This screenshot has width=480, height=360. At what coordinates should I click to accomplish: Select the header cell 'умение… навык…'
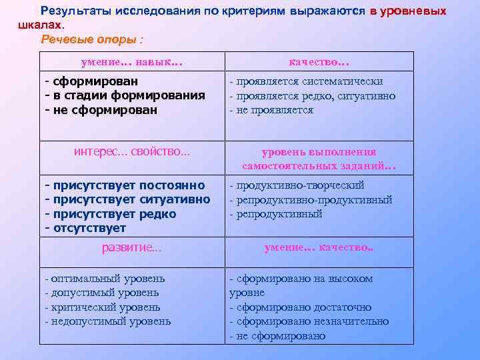pyautogui.click(x=131, y=62)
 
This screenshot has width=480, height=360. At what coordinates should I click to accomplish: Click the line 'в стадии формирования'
pyautogui.click(x=127, y=95)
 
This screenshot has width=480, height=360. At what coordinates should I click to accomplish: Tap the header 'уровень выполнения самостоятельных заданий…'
pyautogui.click(x=319, y=159)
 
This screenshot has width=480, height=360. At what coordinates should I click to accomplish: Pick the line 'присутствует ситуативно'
pyautogui.click(x=130, y=199)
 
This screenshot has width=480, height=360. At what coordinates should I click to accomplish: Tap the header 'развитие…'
pyautogui.click(x=131, y=247)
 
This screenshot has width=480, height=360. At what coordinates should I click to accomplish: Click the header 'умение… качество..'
pyautogui.click(x=319, y=247)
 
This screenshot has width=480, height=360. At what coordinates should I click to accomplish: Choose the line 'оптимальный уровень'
pyautogui.click(x=107, y=279)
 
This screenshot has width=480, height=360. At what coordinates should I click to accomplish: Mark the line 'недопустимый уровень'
pyautogui.click(x=110, y=321)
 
